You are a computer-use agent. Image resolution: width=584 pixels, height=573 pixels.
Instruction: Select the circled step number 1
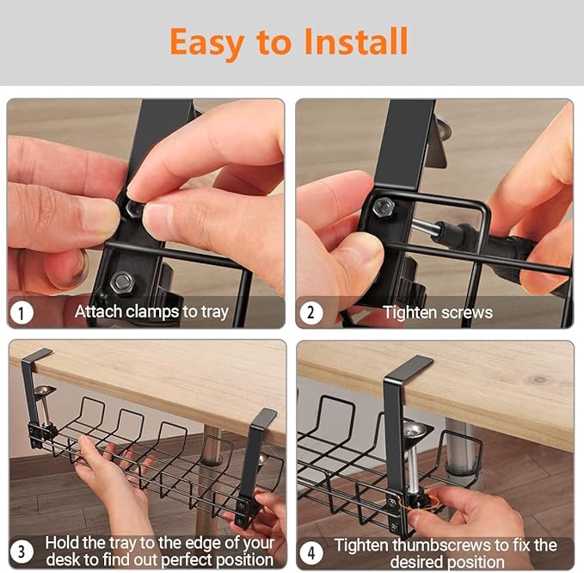point(22,311)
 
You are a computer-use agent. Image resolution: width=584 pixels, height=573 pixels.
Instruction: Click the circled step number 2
point(311,311)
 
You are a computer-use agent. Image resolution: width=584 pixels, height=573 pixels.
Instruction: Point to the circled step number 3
point(22,551)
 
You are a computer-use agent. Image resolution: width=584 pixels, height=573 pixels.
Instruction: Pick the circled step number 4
point(311,551)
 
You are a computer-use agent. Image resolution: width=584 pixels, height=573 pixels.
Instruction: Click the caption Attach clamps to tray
point(151,311)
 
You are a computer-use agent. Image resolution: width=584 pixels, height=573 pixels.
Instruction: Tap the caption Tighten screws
point(438,311)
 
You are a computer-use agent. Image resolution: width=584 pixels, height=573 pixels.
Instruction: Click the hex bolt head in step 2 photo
point(384,206)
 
